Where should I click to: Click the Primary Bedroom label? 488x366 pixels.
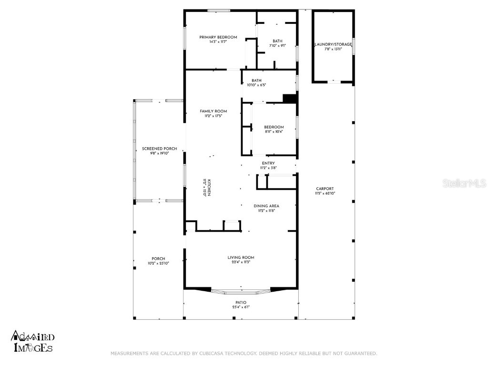click(x=218, y=37)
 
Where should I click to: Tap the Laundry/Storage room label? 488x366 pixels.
click(x=333, y=44)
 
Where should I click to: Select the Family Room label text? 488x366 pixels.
click(x=213, y=111)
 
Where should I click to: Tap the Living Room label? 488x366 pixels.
click(x=241, y=257)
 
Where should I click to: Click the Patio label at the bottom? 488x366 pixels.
click(x=241, y=303)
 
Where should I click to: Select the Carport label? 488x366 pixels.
click(x=324, y=188)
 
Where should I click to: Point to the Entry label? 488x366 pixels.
click(x=268, y=163)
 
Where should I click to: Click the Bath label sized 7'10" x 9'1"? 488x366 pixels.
click(x=277, y=41)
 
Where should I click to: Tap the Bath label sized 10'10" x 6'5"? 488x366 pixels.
click(x=256, y=81)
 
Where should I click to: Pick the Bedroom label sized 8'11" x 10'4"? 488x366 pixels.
click(x=274, y=127)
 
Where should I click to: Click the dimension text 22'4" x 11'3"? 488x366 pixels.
click(x=241, y=262)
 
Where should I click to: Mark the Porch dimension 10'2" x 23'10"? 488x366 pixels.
click(x=158, y=263)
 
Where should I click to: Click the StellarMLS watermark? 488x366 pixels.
click(x=464, y=183)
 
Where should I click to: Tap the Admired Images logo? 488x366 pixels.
click(x=32, y=342)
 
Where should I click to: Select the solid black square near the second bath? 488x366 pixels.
click(x=290, y=98)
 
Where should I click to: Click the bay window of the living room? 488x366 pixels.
click(x=241, y=291)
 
